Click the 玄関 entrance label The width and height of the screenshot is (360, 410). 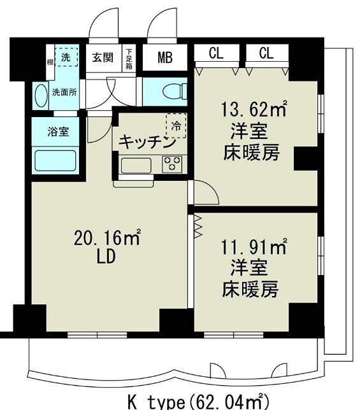102,57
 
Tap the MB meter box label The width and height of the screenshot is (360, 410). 164,59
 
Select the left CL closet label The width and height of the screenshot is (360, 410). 217,53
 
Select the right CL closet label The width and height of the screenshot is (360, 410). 266,53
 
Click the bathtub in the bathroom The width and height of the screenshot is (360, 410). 55,160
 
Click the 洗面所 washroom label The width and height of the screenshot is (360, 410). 64,91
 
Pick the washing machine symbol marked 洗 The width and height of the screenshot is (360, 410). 66,57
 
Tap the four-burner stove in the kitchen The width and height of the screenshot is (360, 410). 172,164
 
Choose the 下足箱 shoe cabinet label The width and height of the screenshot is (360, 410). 129,58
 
